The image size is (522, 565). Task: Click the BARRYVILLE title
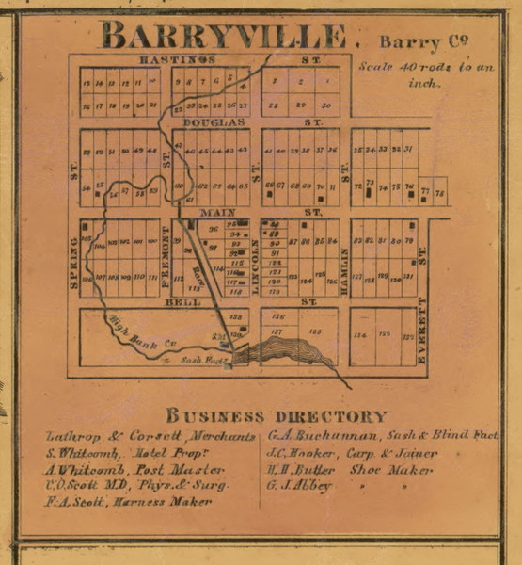tap(223, 37)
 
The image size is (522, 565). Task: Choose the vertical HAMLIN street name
tap(345, 267)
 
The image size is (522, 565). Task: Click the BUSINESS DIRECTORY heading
tap(276, 415)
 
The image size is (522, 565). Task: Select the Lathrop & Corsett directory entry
tap(150, 437)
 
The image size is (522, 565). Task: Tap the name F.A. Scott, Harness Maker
tap(129, 501)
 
